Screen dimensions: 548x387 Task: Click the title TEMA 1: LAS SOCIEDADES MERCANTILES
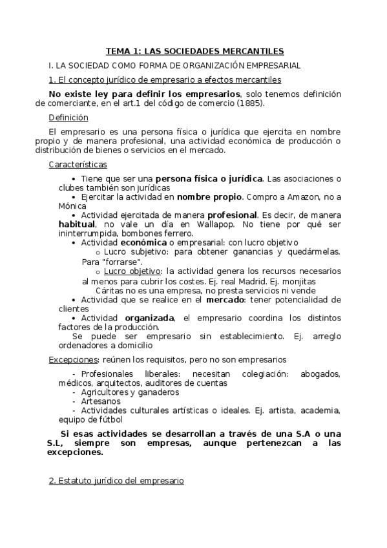coord(194,51)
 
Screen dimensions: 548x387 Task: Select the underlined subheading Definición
coord(68,118)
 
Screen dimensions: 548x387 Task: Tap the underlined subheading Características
coord(78,165)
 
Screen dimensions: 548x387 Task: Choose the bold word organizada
coord(150,318)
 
